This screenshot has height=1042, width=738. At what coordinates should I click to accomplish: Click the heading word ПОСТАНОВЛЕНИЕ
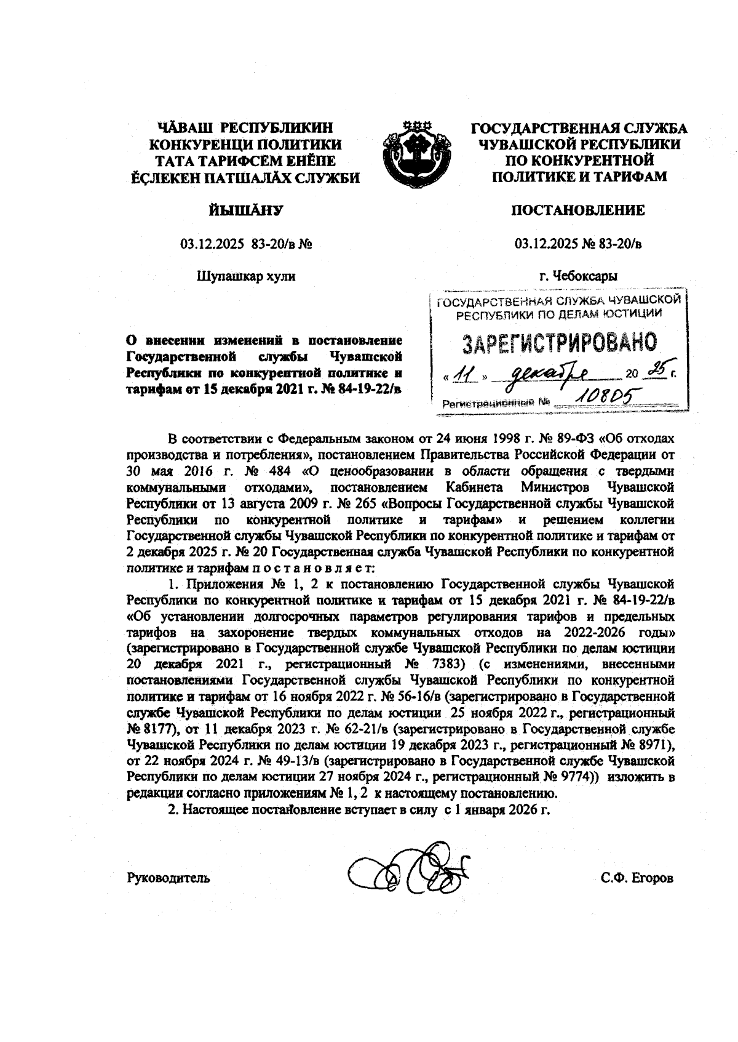click(579, 211)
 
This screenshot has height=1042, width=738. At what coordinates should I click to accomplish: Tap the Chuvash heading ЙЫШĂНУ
click(246, 211)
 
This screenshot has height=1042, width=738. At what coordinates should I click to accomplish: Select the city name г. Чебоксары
click(579, 276)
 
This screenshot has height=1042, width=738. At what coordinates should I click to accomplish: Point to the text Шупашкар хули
click(246, 276)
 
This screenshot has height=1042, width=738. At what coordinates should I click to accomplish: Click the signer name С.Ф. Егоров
click(637, 878)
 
